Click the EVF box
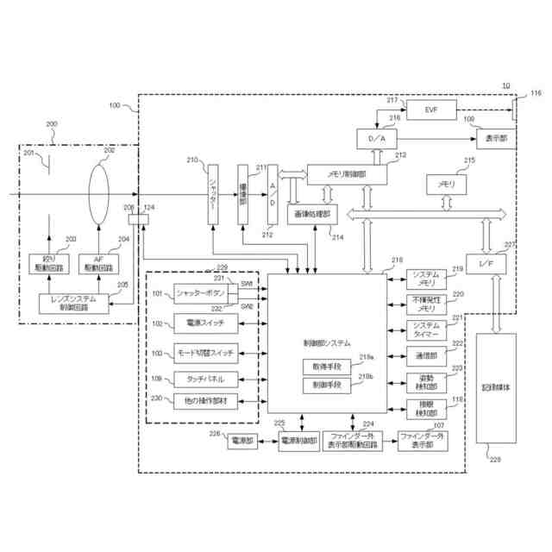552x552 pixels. coord(432,110)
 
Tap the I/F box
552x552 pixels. coord(484,261)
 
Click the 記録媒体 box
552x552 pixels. coord(495,387)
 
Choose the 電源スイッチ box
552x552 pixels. coord(201,323)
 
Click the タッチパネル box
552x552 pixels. coord(201,379)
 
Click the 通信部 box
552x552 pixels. coord(426,354)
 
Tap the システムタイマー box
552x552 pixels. coord(426,329)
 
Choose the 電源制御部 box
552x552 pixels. coord(299,441)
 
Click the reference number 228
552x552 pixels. coord(494,460)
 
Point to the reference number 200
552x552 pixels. coord(53,124)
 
